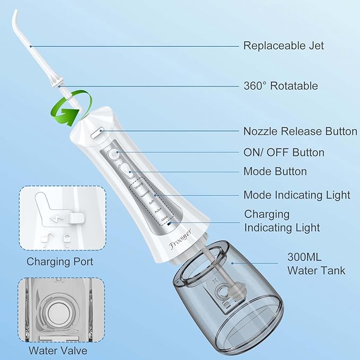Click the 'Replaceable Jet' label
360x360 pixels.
[x=283, y=46]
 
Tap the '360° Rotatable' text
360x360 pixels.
[x=280, y=86]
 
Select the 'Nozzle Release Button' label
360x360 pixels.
[x=300, y=131]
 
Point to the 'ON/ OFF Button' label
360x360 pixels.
[x=284, y=153]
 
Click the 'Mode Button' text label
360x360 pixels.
[x=275, y=171]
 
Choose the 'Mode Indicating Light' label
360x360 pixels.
[x=296, y=195]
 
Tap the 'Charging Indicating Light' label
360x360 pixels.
[x=282, y=221]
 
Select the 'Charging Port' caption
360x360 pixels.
[x=60, y=261]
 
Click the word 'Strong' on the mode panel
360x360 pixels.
[x=139, y=187]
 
